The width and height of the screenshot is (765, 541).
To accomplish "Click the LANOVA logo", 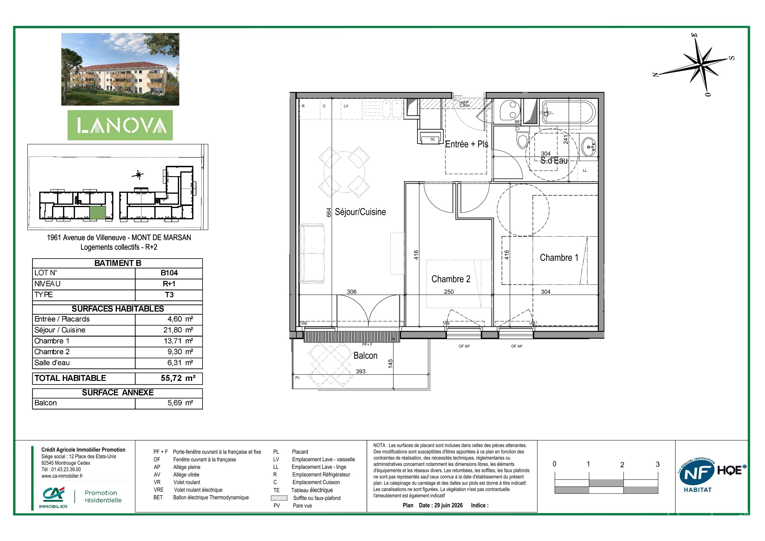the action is pyautogui.click(x=120, y=125).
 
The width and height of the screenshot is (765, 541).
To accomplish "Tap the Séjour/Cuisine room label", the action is pyautogui.click(x=360, y=212).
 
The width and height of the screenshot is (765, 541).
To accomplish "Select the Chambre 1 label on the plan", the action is pyautogui.click(x=559, y=258).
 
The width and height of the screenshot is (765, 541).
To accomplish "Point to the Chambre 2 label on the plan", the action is pyautogui.click(x=451, y=279).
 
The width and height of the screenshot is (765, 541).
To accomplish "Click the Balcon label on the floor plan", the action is pyautogui.click(x=366, y=356).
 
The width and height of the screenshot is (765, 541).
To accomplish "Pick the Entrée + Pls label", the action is pyautogui.click(x=467, y=144).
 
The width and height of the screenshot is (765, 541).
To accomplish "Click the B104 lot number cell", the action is pyautogui.click(x=169, y=273).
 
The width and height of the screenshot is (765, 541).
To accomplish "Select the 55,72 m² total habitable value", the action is pyautogui.click(x=178, y=378).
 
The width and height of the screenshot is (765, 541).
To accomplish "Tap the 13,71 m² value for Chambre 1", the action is pyautogui.click(x=180, y=341).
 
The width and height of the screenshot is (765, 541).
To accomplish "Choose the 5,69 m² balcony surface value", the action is pyautogui.click(x=180, y=403).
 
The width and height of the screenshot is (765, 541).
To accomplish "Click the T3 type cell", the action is pyautogui.click(x=169, y=295).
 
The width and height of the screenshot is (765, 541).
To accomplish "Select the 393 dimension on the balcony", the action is pyautogui.click(x=360, y=371).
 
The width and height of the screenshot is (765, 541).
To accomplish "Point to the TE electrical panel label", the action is pyautogui.click(x=432, y=140).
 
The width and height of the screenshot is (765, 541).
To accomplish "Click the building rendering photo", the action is pyautogui.click(x=120, y=69).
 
